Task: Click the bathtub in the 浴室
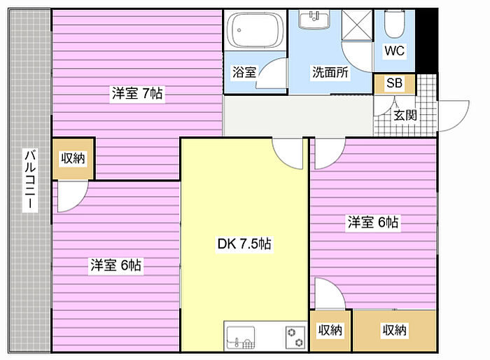255,30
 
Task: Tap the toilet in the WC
394,24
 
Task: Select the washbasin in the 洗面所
314,20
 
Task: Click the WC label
394,50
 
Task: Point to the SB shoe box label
394,83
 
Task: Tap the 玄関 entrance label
405,116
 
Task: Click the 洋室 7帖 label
137,93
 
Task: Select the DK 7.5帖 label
244,244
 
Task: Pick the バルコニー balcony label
30,180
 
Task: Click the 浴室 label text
244,72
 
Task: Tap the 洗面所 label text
330,72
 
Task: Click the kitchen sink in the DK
241,338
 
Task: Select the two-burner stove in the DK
295,338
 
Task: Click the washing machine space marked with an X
357,25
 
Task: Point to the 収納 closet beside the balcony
73,158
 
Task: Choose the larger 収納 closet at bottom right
394,331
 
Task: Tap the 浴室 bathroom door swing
272,73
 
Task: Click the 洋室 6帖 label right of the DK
373,222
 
